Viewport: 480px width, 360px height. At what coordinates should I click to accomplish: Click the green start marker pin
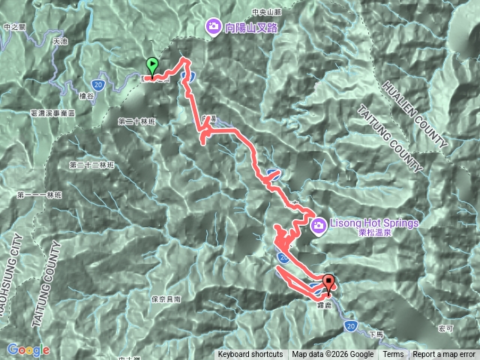point(152,66)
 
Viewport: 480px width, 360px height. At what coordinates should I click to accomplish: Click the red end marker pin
point(329,283)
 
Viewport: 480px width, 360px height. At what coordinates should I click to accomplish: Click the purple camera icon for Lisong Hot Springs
point(318,223)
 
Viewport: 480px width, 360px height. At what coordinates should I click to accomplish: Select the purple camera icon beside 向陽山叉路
point(213,28)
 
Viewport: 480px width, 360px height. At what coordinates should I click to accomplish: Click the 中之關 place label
point(14,27)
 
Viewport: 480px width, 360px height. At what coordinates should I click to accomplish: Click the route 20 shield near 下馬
point(351,325)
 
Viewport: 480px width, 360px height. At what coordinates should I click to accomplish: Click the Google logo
point(28,349)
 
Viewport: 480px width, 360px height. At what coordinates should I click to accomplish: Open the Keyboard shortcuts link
point(250,355)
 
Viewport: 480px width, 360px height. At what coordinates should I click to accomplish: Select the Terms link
point(393,355)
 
